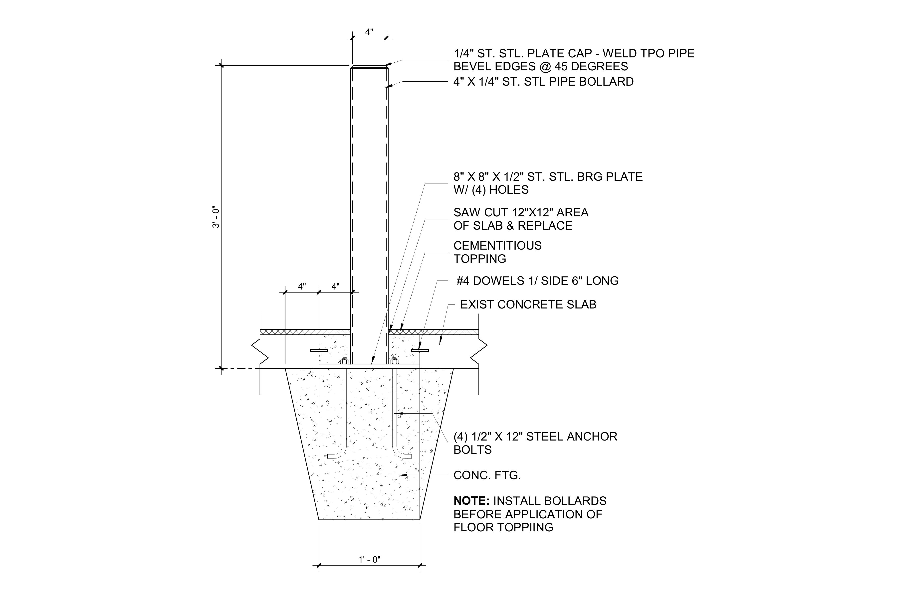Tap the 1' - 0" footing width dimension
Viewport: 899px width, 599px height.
[369, 560]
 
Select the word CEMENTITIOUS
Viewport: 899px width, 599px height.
[497, 246]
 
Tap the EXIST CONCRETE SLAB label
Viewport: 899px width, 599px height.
[528, 304]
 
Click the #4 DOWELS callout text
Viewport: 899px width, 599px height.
[537, 281]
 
